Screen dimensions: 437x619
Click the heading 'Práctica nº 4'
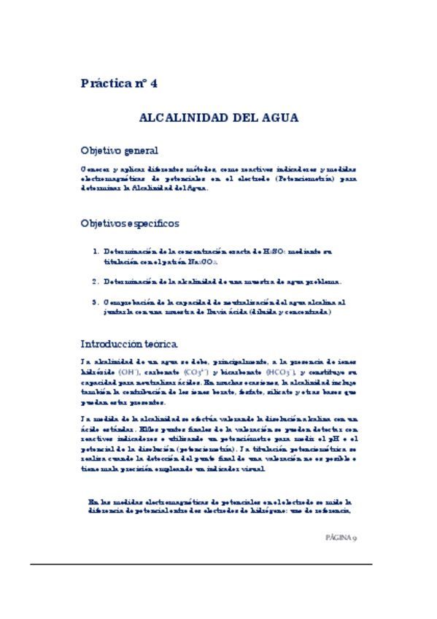118,83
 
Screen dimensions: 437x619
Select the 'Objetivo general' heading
119,151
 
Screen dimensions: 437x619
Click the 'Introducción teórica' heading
128,343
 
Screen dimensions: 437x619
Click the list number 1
95,252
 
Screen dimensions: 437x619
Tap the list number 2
95,281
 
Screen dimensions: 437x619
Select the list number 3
95,301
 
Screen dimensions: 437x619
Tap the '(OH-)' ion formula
128,372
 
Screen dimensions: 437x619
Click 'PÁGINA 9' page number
341,537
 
